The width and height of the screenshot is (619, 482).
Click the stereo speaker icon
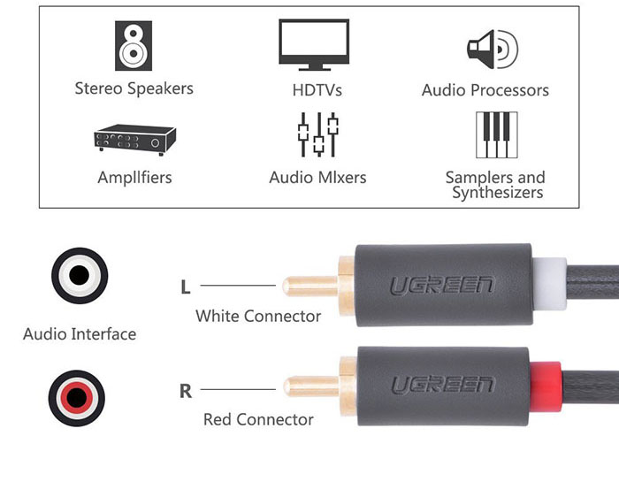point(134,46)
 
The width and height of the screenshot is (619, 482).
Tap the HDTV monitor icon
point(314,42)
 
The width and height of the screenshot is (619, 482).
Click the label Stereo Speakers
point(134,88)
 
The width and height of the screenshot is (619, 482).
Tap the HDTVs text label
point(317,90)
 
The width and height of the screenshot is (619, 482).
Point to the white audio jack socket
point(80,277)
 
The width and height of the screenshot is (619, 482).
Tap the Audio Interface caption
point(80,334)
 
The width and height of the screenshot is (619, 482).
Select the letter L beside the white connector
point(185,287)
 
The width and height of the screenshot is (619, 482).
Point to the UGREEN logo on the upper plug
point(442,286)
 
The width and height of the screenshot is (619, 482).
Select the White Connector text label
point(258,316)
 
